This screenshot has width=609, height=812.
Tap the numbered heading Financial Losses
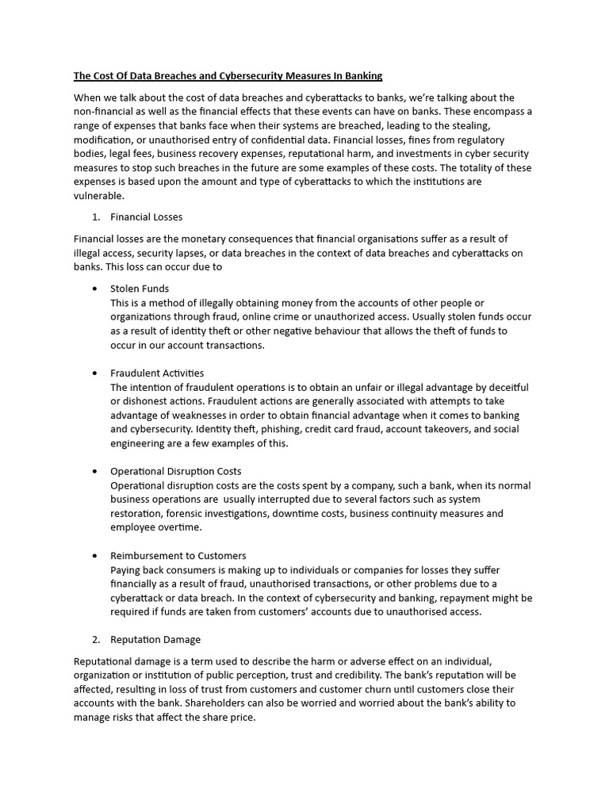(x=147, y=216)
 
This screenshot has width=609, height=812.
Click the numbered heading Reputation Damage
(x=155, y=639)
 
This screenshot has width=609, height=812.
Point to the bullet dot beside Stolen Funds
(x=95, y=289)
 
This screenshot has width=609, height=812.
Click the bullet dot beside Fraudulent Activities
(x=95, y=373)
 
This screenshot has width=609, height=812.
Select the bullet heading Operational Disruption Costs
(x=176, y=471)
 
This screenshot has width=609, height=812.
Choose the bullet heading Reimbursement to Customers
(x=178, y=555)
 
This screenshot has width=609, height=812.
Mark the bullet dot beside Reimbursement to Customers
(x=95, y=555)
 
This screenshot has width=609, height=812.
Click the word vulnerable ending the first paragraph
(x=98, y=196)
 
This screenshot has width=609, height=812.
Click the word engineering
(x=137, y=443)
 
